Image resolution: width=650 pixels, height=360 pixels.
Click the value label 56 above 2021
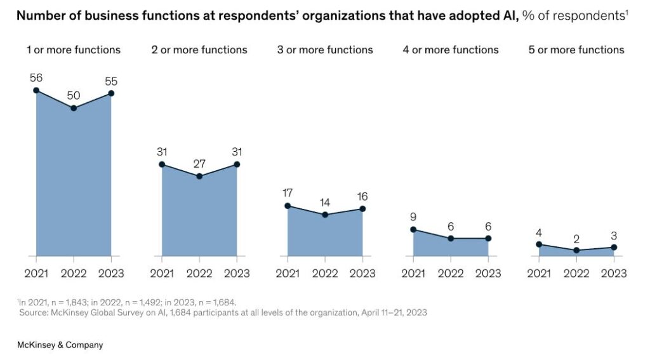pyautogui.click(x=36, y=77)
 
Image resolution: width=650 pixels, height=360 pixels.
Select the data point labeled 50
pyautogui.click(x=74, y=108)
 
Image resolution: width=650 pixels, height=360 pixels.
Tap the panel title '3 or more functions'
pyautogui.click(x=325, y=50)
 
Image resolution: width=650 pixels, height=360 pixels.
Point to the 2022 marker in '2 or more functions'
pyautogui.click(x=199, y=176)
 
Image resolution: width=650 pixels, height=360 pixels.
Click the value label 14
pyautogui.click(x=325, y=203)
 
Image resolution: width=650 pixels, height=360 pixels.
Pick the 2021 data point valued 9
pyautogui.click(x=413, y=230)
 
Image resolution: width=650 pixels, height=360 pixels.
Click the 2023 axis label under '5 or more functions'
pyautogui.click(x=614, y=274)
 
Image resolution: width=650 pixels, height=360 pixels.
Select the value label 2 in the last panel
pyautogui.click(x=576, y=239)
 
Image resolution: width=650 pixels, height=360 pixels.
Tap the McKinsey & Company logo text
pyautogui.click(x=60, y=345)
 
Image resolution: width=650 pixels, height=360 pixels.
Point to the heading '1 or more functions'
pyautogui.click(x=74, y=50)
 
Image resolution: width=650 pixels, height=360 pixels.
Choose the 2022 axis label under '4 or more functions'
pyautogui.click(x=451, y=274)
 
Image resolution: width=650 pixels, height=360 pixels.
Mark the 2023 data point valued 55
pyautogui.click(x=111, y=93)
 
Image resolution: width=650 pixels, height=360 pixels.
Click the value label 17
pyautogui.click(x=288, y=193)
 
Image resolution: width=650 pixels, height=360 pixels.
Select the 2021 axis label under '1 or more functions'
pyautogui.click(x=36, y=274)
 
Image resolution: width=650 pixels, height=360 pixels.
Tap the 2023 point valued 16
pyautogui.click(x=362, y=209)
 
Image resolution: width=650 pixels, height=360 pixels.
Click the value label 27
pyautogui.click(x=199, y=164)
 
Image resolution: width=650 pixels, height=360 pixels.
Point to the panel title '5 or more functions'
pyautogui.click(x=576, y=50)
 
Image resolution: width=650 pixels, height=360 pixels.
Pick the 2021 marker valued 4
pyautogui.click(x=539, y=244)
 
